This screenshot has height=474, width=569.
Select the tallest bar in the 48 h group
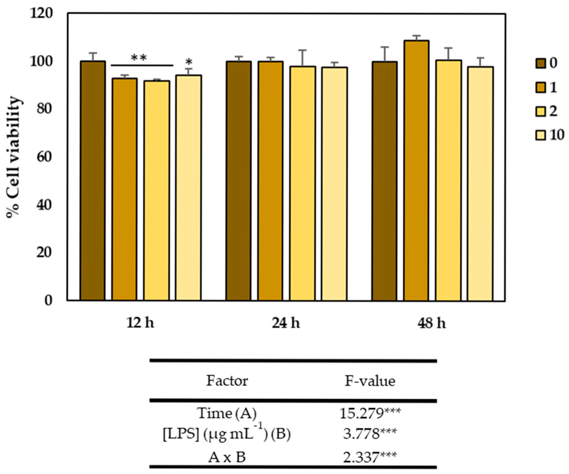416,171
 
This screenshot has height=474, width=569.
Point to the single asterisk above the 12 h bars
189,62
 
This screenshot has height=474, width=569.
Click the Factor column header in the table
227,381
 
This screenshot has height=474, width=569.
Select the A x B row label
227,458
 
